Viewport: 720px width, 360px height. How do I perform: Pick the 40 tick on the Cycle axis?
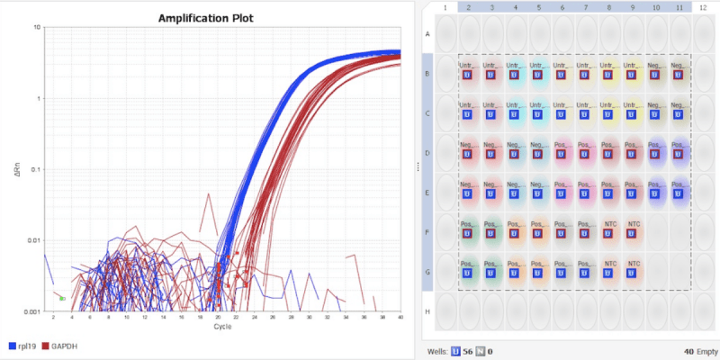(400, 318)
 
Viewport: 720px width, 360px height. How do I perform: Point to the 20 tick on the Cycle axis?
(218, 318)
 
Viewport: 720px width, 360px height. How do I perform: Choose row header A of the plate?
(427, 34)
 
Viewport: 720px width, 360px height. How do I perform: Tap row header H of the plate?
(427, 310)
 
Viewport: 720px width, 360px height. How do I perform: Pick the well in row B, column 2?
(468, 74)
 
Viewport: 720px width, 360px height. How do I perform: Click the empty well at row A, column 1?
(445, 34)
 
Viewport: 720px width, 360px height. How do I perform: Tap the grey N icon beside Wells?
(481, 351)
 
